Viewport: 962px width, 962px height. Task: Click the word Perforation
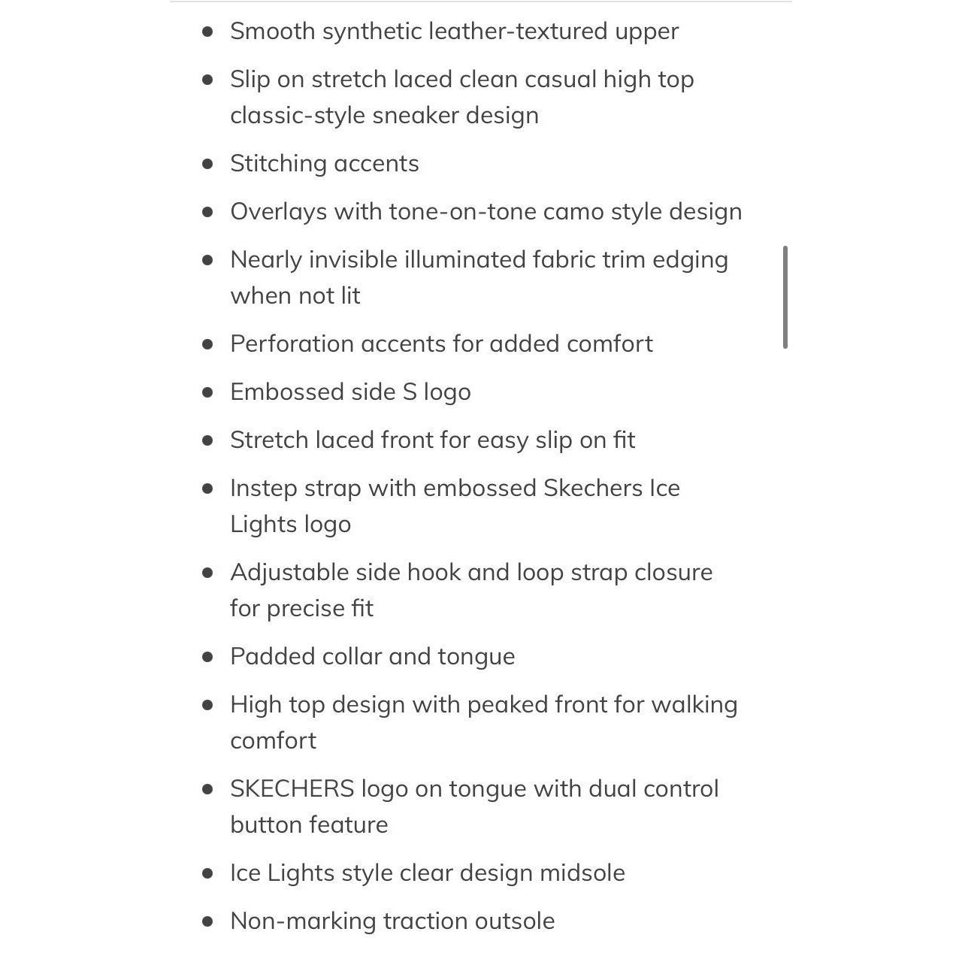click(x=292, y=344)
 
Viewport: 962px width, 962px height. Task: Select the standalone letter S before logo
click(x=409, y=392)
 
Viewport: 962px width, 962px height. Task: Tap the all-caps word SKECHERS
click(x=292, y=789)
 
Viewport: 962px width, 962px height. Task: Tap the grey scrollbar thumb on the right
click(x=785, y=297)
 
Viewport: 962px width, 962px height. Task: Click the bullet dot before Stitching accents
click(x=208, y=164)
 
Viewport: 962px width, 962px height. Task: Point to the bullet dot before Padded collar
click(x=208, y=657)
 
